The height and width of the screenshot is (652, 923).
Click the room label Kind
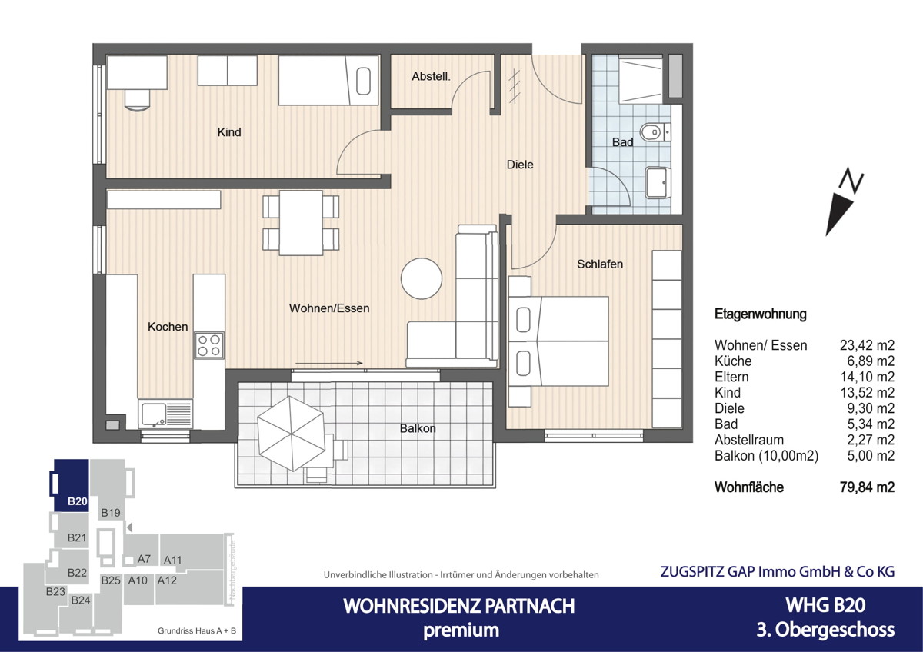(x=229, y=132)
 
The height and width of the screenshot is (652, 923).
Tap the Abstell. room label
(x=431, y=76)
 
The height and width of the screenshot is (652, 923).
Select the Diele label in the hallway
(x=520, y=165)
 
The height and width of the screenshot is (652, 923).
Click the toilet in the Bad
(x=655, y=132)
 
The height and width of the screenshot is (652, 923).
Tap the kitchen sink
(x=165, y=414)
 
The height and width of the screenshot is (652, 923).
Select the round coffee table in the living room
(x=422, y=278)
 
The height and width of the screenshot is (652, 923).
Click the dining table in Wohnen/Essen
(x=301, y=222)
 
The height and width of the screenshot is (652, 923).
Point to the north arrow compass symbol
(x=844, y=203)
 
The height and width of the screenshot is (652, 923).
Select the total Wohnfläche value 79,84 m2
(x=866, y=487)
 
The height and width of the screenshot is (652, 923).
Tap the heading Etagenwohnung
(x=760, y=314)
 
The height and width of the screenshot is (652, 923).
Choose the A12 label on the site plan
(x=167, y=580)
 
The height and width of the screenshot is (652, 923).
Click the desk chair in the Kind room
(x=138, y=99)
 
